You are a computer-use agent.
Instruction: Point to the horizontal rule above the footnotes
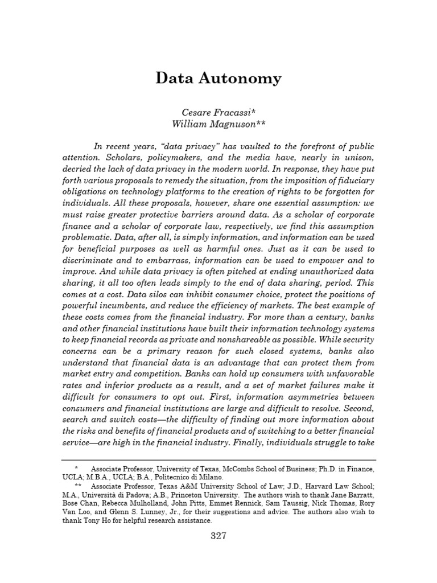[219, 459]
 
